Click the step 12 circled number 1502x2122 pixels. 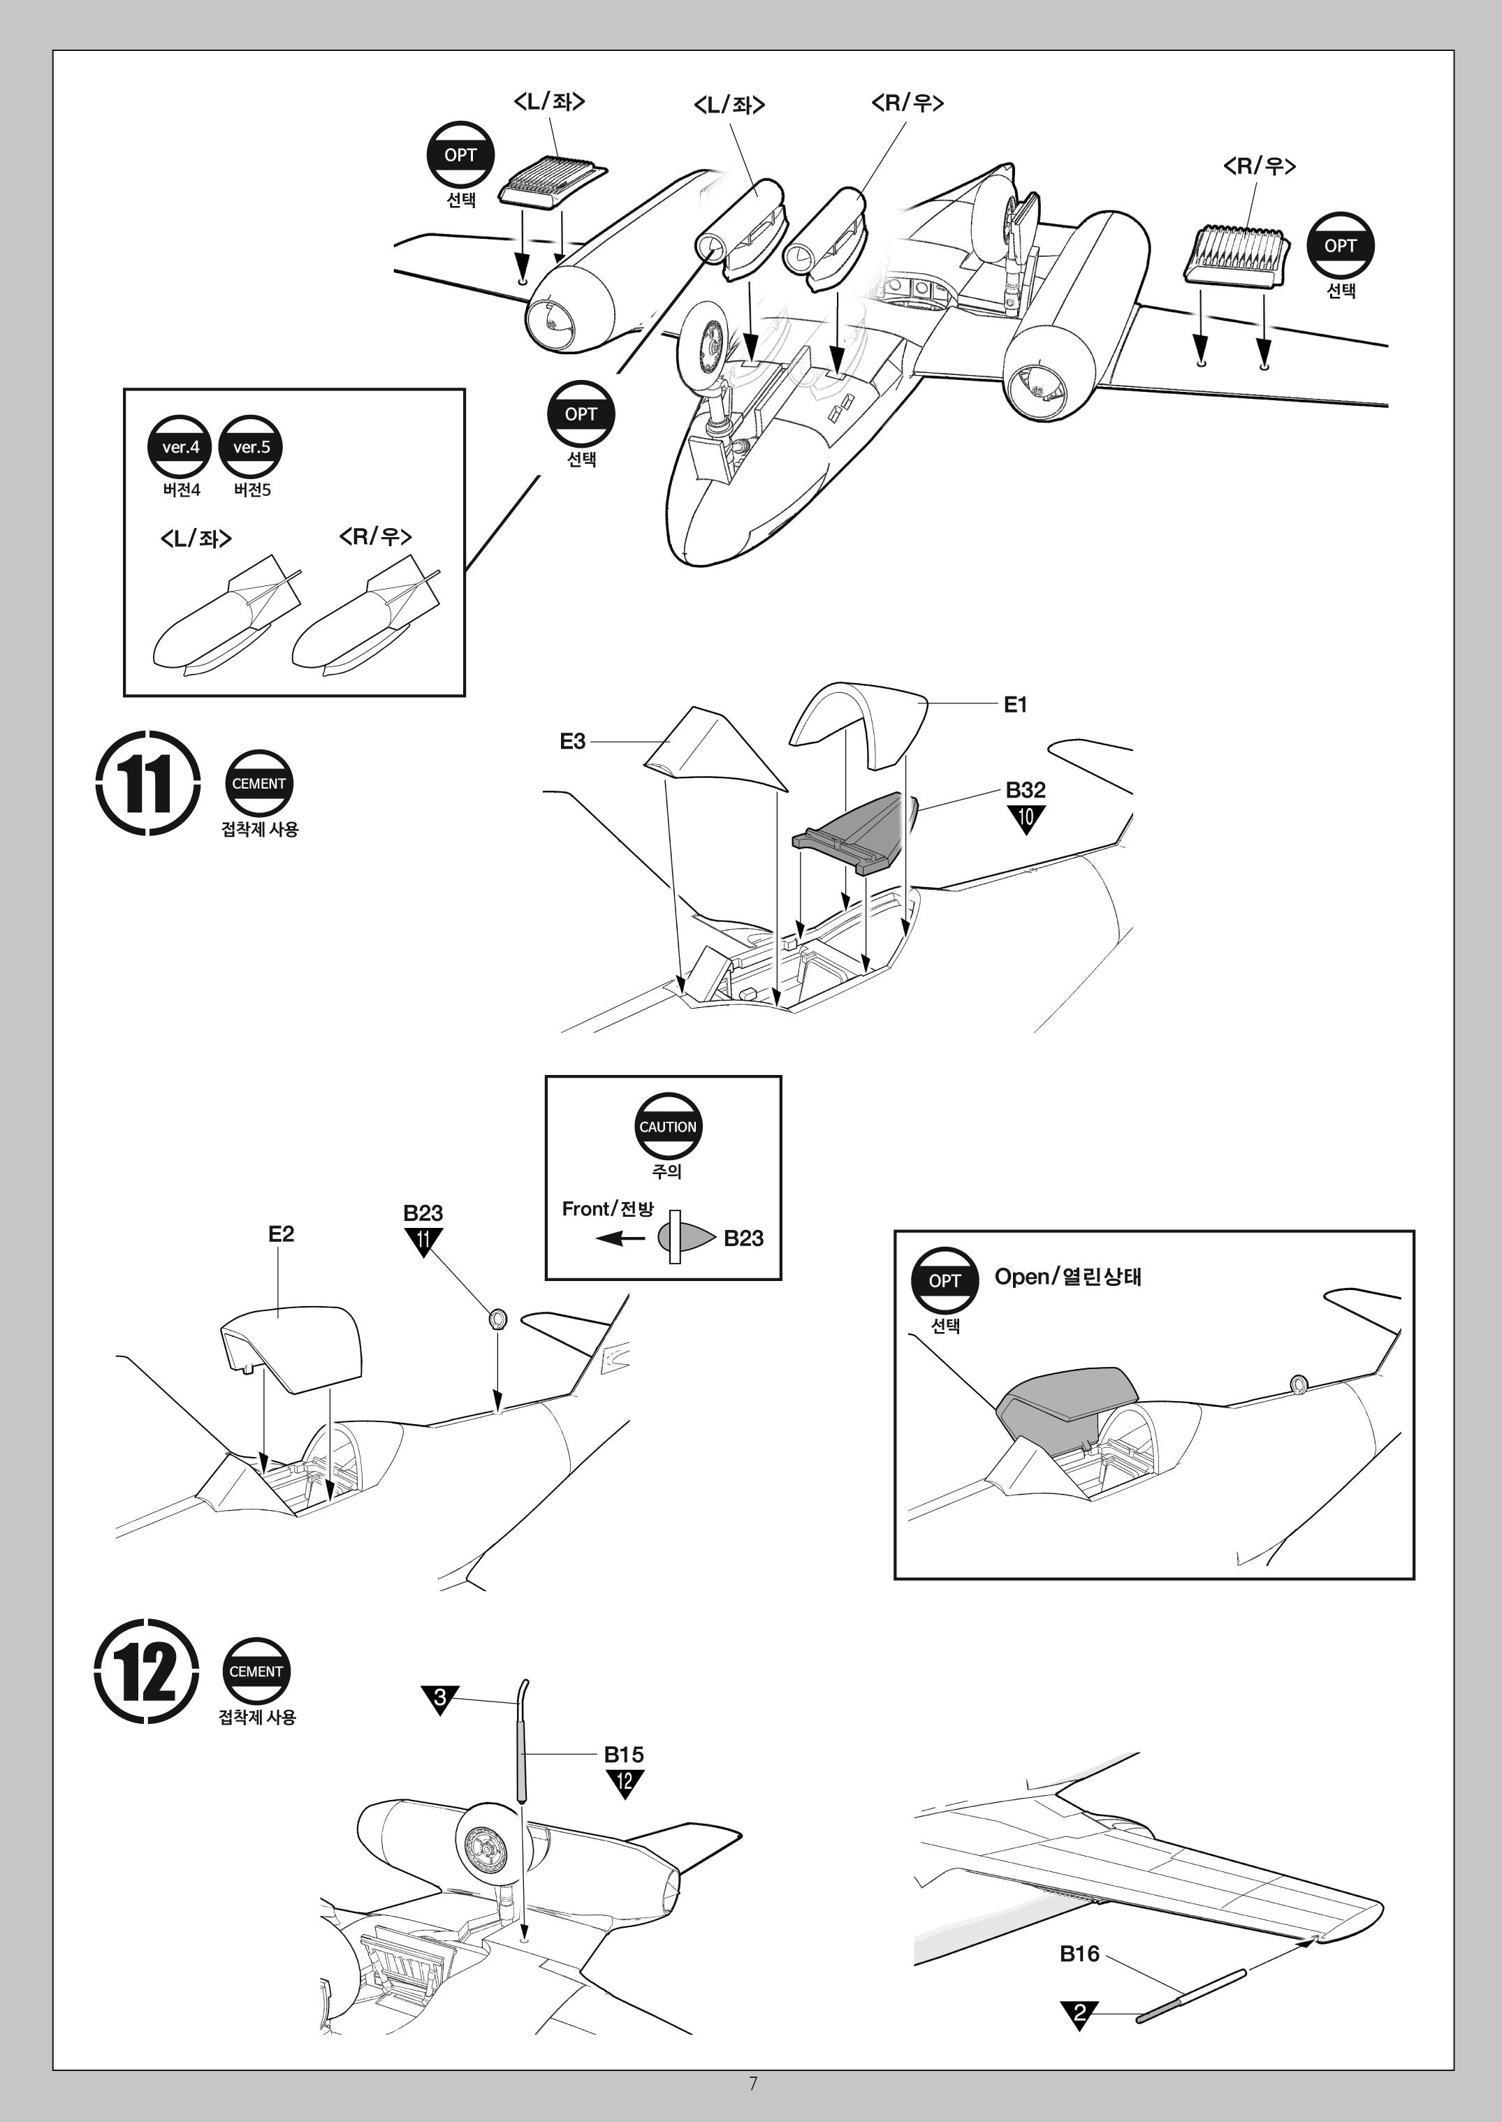[146, 1671]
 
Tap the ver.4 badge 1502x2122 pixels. [180, 448]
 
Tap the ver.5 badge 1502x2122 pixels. [251, 448]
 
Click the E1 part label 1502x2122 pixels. [1014, 705]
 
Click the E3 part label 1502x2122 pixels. [572, 742]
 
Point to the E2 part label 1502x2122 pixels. [281, 1234]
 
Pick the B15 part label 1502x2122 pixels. [623, 1754]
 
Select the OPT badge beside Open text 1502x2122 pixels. [945, 1280]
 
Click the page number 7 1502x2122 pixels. [753, 2083]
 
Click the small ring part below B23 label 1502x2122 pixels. [497, 1317]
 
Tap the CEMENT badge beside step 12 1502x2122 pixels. [256, 1671]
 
